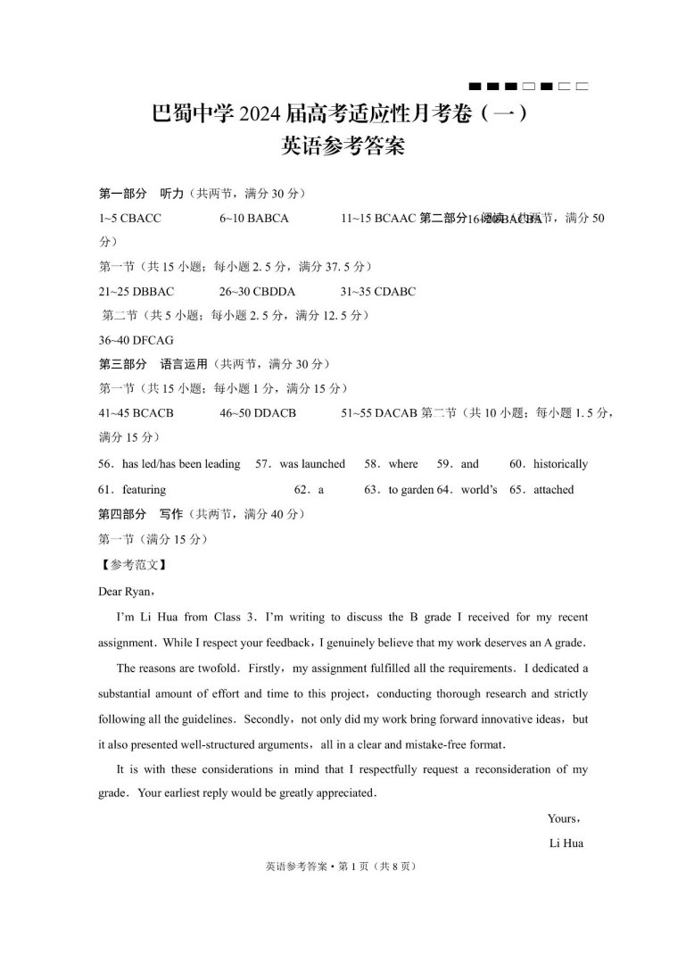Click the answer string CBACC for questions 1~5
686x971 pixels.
140,219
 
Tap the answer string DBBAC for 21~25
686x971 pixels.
153,292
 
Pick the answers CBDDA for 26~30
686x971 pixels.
274,292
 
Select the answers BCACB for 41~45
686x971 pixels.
153,413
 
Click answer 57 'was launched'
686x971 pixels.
311,464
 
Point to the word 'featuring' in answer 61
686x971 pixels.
144,490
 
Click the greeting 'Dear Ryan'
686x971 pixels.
128,590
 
